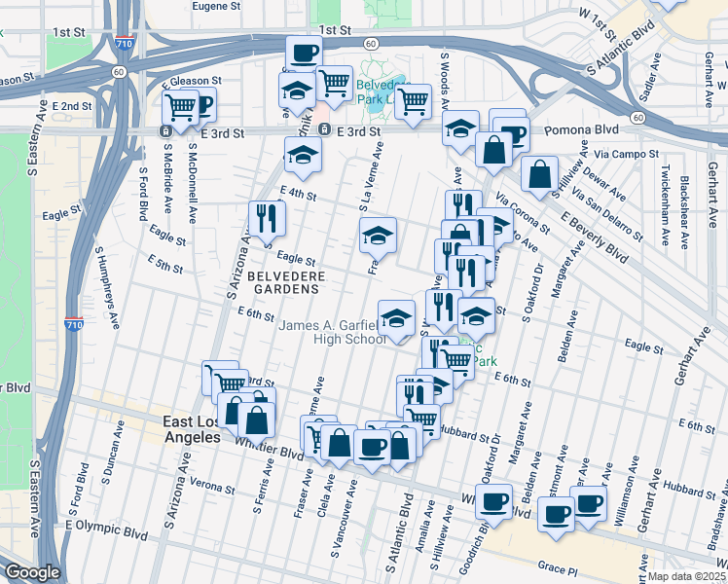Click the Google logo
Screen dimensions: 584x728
32,573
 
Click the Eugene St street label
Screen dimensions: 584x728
216,6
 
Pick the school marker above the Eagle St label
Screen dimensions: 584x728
378,235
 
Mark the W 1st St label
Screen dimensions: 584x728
598,23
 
